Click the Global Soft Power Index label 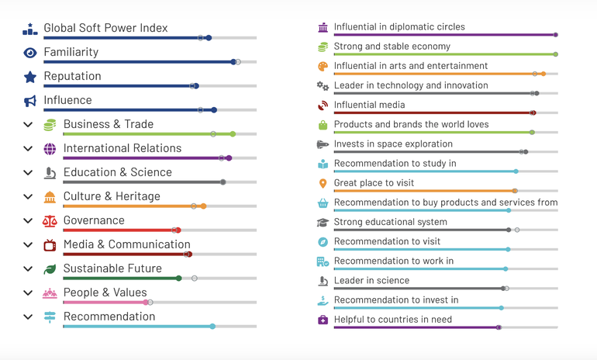pos(105,28)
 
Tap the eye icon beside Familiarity pos(29,53)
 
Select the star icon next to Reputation pos(29,77)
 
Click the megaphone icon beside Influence pos(29,101)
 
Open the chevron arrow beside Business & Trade pos(28,125)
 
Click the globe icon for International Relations pos(50,149)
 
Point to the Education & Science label pos(118,172)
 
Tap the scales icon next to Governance pos(50,221)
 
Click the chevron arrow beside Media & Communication pos(28,245)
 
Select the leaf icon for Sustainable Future pos(50,269)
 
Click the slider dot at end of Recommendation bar pos(212,327)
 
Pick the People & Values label pos(105,292)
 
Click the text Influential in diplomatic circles pos(399,27)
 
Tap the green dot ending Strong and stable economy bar pos(556,54)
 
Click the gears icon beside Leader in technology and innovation pos(323,86)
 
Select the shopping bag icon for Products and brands pos(323,125)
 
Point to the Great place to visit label pos(374,183)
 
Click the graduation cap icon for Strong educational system pos(323,223)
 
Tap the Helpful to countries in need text pos(393,320)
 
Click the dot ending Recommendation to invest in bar pos(502,308)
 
